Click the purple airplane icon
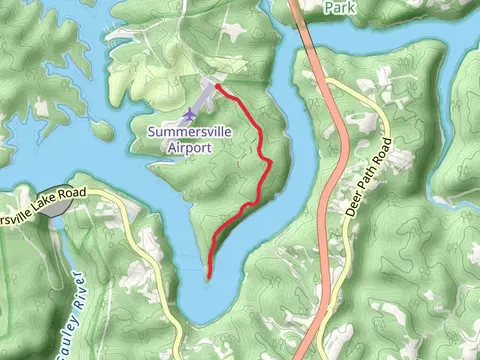(191, 115)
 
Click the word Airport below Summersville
(189, 147)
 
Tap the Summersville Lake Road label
(44, 202)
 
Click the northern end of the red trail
(217, 87)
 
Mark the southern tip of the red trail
(209, 275)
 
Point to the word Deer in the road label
(355, 207)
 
